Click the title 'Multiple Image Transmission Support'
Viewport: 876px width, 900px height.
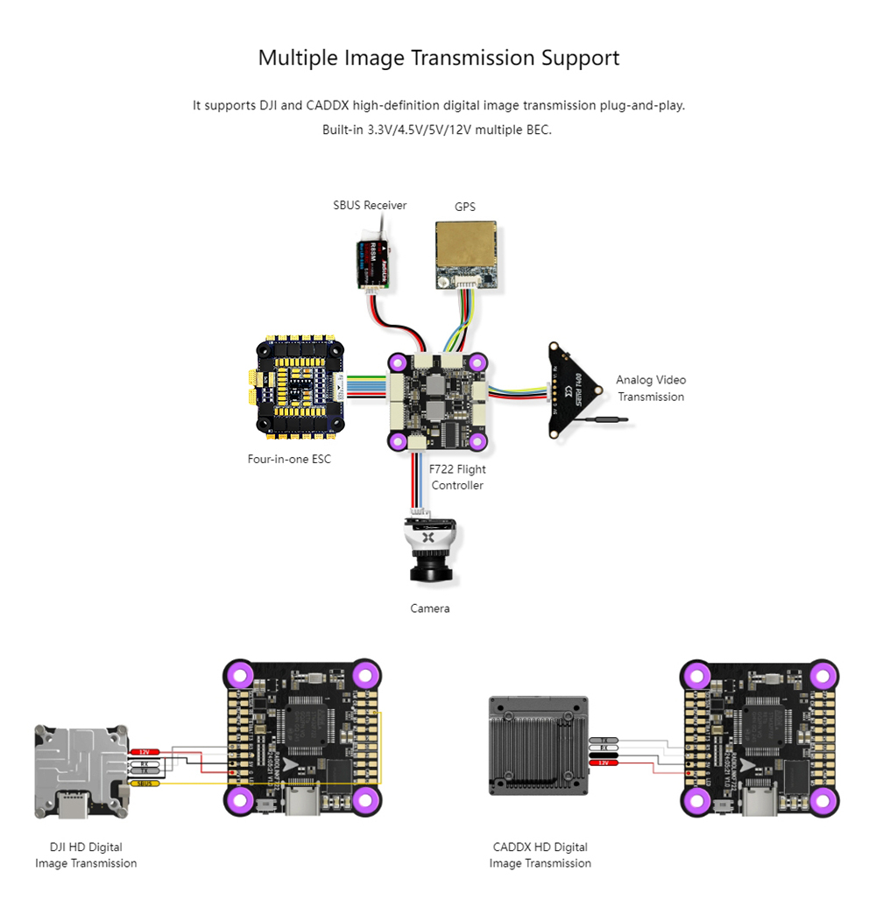tap(438, 58)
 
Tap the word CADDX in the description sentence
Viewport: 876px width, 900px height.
tap(328, 105)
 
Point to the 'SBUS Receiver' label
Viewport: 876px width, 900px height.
tap(370, 205)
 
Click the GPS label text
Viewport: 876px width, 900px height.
tap(465, 207)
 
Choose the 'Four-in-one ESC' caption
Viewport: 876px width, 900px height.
tap(289, 459)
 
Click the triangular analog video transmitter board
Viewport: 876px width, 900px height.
tap(575, 390)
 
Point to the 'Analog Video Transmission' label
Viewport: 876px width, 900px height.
tap(650, 388)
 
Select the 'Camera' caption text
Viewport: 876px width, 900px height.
tap(429, 608)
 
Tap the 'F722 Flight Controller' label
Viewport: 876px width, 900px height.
tap(457, 477)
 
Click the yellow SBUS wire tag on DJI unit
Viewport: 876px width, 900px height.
tap(145, 783)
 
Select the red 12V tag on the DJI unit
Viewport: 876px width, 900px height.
tap(145, 752)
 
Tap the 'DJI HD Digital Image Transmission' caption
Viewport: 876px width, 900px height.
tap(86, 854)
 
